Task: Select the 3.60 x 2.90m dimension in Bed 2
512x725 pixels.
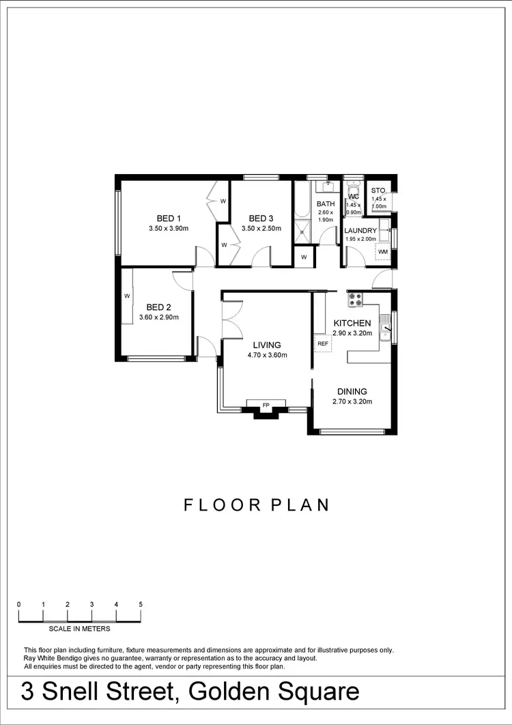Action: (158, 317)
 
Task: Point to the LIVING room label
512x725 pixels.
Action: (266, 345)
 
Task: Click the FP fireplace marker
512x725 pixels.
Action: (266, 406)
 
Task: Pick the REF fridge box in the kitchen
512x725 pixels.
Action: (322, 343)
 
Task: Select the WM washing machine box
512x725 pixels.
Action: (382, 252)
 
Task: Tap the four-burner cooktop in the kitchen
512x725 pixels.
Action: (355, 298)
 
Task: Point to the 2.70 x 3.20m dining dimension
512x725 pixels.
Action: (352, 401)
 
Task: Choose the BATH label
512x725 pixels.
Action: (326, 204)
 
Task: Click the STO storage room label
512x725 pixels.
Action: (379, 190)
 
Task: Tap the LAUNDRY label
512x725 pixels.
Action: (360, 231)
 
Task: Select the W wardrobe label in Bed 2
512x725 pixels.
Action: (127, 296)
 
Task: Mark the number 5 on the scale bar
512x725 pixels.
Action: (141, 604)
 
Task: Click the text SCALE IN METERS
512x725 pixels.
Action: (79, 629)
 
